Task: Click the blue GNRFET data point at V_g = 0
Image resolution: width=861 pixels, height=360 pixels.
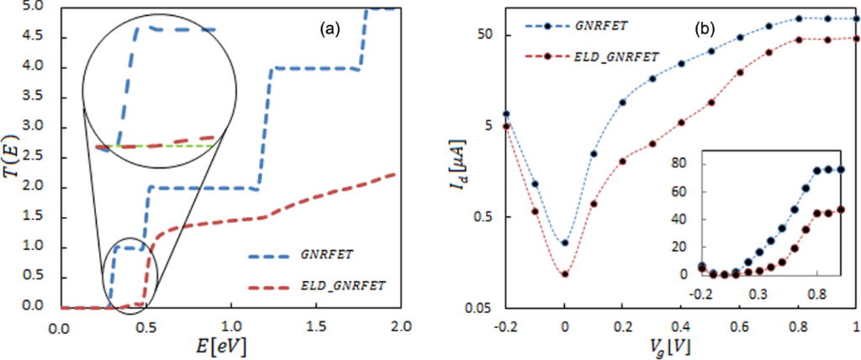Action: point(565,243)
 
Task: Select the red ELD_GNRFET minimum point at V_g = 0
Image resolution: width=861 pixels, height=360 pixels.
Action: point(565,273)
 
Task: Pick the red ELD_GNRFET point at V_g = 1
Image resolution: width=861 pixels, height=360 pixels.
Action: point(855,39)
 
